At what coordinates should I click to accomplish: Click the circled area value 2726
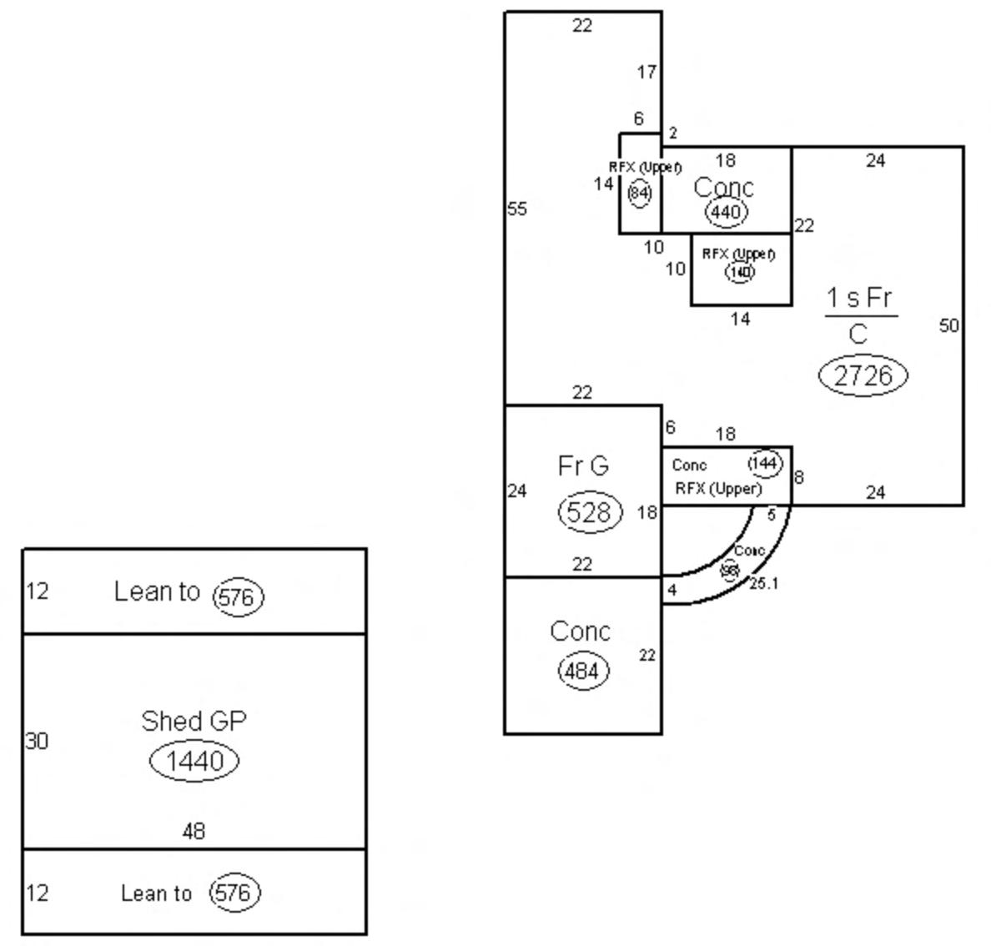pos(863,375)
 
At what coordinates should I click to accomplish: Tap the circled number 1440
pos(194,761)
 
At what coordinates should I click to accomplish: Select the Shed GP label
pos(194,721)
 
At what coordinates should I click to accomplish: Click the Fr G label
pos(583,465)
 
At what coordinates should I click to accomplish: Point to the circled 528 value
pos(590,511)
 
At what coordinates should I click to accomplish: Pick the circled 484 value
pos(581,671)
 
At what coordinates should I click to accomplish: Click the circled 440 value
pos(725,212)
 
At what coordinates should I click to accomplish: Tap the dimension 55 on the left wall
pos(517,209)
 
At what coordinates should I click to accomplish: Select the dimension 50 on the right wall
pos(949,325)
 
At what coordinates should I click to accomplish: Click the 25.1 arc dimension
pos(763,583)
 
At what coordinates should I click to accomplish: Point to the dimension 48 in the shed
pos(194,831)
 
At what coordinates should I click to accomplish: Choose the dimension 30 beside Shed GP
pos(37,741)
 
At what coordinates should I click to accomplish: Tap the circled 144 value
pos(764,463)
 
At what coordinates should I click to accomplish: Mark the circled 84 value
pos(639,194)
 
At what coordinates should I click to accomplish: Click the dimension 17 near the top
pos(646,73)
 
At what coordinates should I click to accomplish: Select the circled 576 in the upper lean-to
pos(238,597)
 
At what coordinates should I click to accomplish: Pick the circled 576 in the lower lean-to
pos(233,893)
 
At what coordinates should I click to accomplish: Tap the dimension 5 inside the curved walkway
pos(771,515)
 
